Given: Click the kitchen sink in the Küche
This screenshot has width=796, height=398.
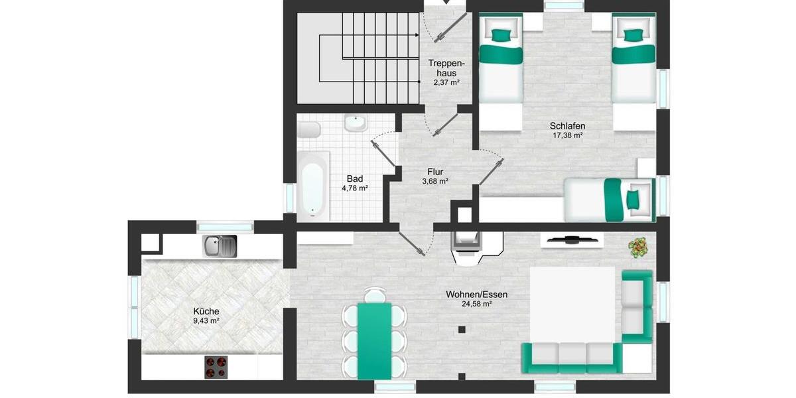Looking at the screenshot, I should (220, 247).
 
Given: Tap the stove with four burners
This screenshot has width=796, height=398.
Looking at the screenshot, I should (216, 366).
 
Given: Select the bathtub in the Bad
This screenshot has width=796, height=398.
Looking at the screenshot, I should (312, 185).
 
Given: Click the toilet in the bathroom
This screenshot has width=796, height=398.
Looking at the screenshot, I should (308, 129).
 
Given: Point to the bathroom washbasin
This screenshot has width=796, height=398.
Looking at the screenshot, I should (356, 123).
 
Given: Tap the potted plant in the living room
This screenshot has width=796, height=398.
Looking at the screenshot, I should (639, 247).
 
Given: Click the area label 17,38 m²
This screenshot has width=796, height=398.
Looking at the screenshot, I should (568, 135).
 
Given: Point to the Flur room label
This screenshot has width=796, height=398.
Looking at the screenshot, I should (435, 171).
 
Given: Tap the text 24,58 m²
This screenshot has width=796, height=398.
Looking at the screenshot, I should (477, 304).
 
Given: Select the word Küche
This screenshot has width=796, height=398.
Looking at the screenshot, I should (206, 311).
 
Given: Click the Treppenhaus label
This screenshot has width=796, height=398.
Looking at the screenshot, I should (445, 68).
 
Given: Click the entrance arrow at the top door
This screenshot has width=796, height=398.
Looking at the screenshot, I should (445, 3).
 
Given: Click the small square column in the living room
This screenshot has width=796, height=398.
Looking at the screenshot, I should (461, 329).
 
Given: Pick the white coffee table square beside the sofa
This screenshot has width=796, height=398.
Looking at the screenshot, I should (572, 303).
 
